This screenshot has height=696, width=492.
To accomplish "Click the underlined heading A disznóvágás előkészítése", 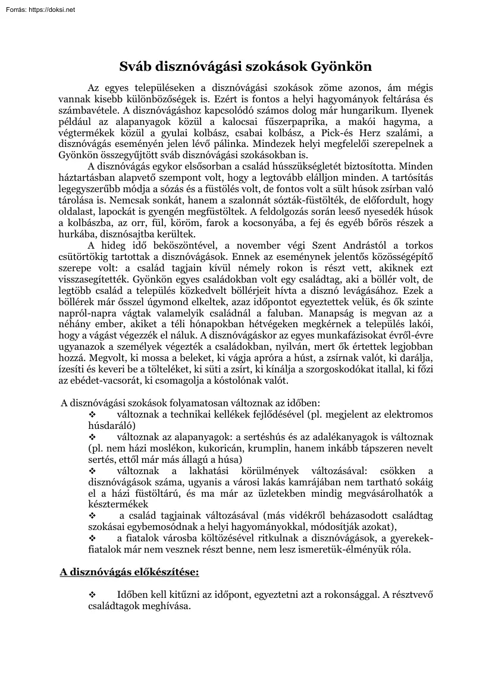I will point(129,572).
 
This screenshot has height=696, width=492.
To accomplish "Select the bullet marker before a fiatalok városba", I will point(92,538).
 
